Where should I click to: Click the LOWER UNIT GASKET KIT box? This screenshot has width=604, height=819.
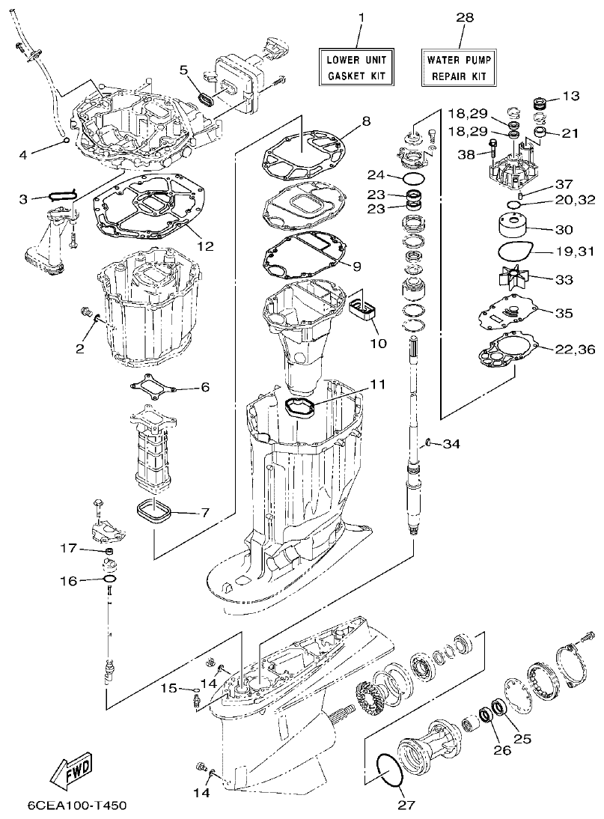tap(357, 67)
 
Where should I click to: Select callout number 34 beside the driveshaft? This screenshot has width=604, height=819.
tap(451, 444)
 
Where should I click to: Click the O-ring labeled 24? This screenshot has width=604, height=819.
tap(413, 179)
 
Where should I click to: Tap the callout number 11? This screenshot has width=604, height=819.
tap(377, 384)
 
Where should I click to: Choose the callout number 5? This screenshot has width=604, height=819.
tap(183, 70)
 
